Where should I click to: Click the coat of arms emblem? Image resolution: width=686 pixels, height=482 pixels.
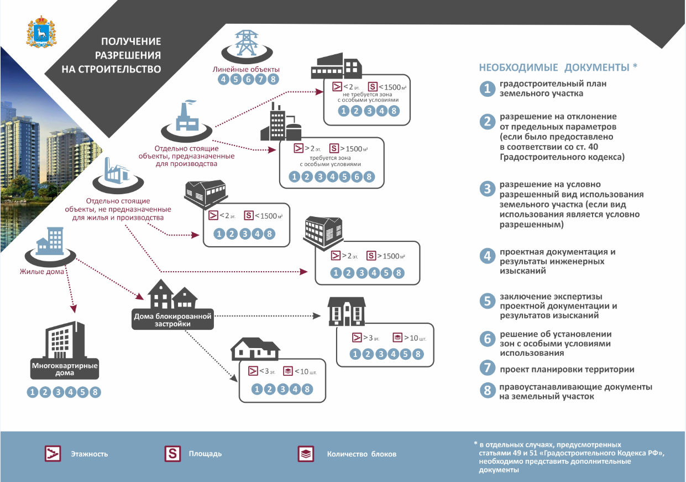[41, 32]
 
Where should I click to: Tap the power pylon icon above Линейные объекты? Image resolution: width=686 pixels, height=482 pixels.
[247, 43]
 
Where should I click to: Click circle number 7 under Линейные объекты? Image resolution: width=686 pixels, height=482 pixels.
[260, 80]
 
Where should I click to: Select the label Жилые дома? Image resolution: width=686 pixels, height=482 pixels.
[42, 271]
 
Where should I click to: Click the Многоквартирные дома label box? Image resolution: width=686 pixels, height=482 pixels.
[65, 369]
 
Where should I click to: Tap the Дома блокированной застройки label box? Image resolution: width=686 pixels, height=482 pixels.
[172, 319]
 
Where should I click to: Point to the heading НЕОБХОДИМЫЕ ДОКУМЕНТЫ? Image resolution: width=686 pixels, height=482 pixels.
[558, 67]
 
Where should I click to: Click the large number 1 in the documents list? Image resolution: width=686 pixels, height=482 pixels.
[488, 89]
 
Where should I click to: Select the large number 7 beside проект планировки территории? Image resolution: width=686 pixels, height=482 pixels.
[488, 367]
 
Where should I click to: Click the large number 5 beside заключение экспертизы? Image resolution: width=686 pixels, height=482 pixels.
[488, 301]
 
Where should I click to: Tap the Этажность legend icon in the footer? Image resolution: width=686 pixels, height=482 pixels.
[53, 453]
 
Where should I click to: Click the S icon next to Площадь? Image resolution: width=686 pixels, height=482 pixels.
[172, 453]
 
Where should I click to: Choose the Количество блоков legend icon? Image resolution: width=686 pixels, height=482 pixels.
[306, 454]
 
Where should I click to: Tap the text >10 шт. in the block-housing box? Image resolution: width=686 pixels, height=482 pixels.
[415, 338]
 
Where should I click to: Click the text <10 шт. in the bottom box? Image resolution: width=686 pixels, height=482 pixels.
[306, 372]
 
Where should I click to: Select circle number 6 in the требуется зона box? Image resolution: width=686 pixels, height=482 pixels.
[357, 177]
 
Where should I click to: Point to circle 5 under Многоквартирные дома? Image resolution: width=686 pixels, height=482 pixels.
[83, 392]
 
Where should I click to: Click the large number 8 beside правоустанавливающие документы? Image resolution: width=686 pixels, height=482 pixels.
[488, 390]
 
